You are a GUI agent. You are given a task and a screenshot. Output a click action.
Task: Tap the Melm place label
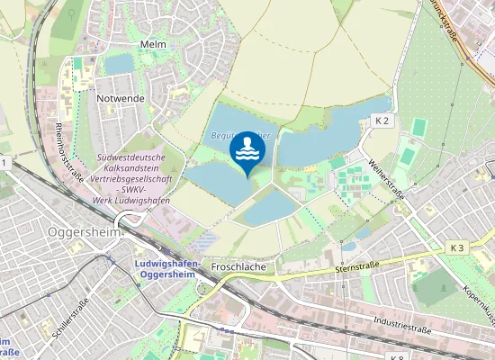(x=153, y=43)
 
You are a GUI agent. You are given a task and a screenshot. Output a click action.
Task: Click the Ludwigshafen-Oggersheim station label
(x=170, y=268)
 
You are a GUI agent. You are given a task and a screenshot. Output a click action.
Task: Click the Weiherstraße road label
(x=387, y=178)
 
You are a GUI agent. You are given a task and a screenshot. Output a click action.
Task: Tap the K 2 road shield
(x=382, y=120)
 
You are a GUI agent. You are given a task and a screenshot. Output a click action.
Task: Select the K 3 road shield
(x=457, y=247)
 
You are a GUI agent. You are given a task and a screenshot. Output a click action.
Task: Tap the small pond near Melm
(x=117, y=64)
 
